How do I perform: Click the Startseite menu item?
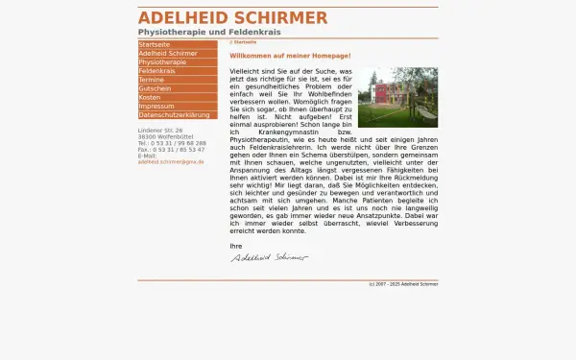pyautogui.click(x=155, y=44)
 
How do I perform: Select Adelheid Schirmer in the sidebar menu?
pyautogui.click(x=168, y=54)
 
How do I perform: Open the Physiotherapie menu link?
pyautogui.click(x=163, y=62)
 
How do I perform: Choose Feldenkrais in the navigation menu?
pyautogui.click(x=157, y=71)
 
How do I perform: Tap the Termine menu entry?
pyautogui.click(x=152, y=80)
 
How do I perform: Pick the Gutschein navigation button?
pyautogui.click(x=155, y=88)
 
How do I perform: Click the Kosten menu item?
pyautogui.click(x=150, y=97)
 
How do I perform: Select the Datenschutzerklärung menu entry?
pyautogui.click(x=174, y=114)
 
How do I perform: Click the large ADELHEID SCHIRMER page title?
pyautogui.click(x=232, y=18)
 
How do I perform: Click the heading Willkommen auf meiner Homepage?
pyautogui.click(x=290, y=56)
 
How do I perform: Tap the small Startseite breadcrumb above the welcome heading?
pyautogui.click(x=245, y=42)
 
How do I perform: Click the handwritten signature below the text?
pyautogui.click(x=269, y=257)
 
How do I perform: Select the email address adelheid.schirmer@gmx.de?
pyautogui.click(x=171, y=162)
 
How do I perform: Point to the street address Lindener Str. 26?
pyautogui.click(x=160, y=130)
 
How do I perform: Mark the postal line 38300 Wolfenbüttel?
pyautogui.click(x=168, y=136)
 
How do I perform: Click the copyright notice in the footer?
pyautogui.click(x=403, y=285)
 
